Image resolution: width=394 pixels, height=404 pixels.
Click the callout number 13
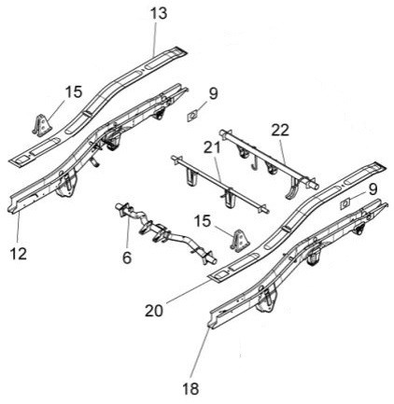[x=159, y=14]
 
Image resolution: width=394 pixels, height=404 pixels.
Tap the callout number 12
[x=19, y=254]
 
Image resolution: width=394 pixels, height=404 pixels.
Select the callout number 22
[x=280, y=131]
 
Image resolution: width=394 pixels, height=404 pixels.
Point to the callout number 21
[x=212, y=147]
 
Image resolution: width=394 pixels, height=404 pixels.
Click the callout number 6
[x=127, y=258]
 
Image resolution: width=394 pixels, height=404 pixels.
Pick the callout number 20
[x=154, y=310]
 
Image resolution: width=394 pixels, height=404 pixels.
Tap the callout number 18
[x=190, y=389]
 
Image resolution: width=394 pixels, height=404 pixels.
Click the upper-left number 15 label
[x=74, y=92]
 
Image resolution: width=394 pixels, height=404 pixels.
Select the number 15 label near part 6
[x=203, y=221]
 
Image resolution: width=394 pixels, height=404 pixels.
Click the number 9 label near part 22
[x=213, y=93]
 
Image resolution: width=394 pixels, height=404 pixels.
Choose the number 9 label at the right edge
[x=373, y=189]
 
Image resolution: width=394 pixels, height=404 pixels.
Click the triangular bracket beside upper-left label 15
[x=41, y=125]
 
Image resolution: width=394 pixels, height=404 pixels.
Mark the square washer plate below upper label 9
[x=193, y=117]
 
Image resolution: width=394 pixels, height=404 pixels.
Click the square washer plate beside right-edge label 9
[x=345, y=203]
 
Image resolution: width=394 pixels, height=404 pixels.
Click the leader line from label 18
[x=200, y=354]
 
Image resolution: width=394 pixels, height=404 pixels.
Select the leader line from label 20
[x=189, y=291]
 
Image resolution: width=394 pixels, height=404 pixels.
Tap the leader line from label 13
[x=155, y=38]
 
